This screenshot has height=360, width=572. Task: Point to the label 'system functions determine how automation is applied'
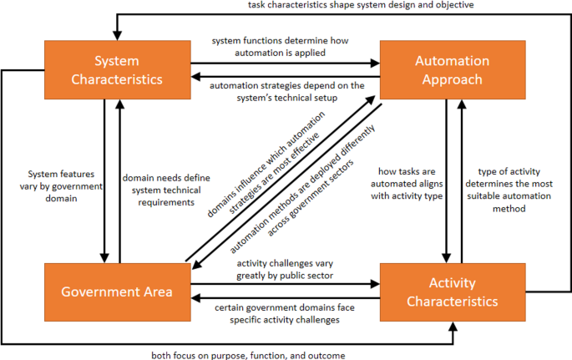tap(286, 46)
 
